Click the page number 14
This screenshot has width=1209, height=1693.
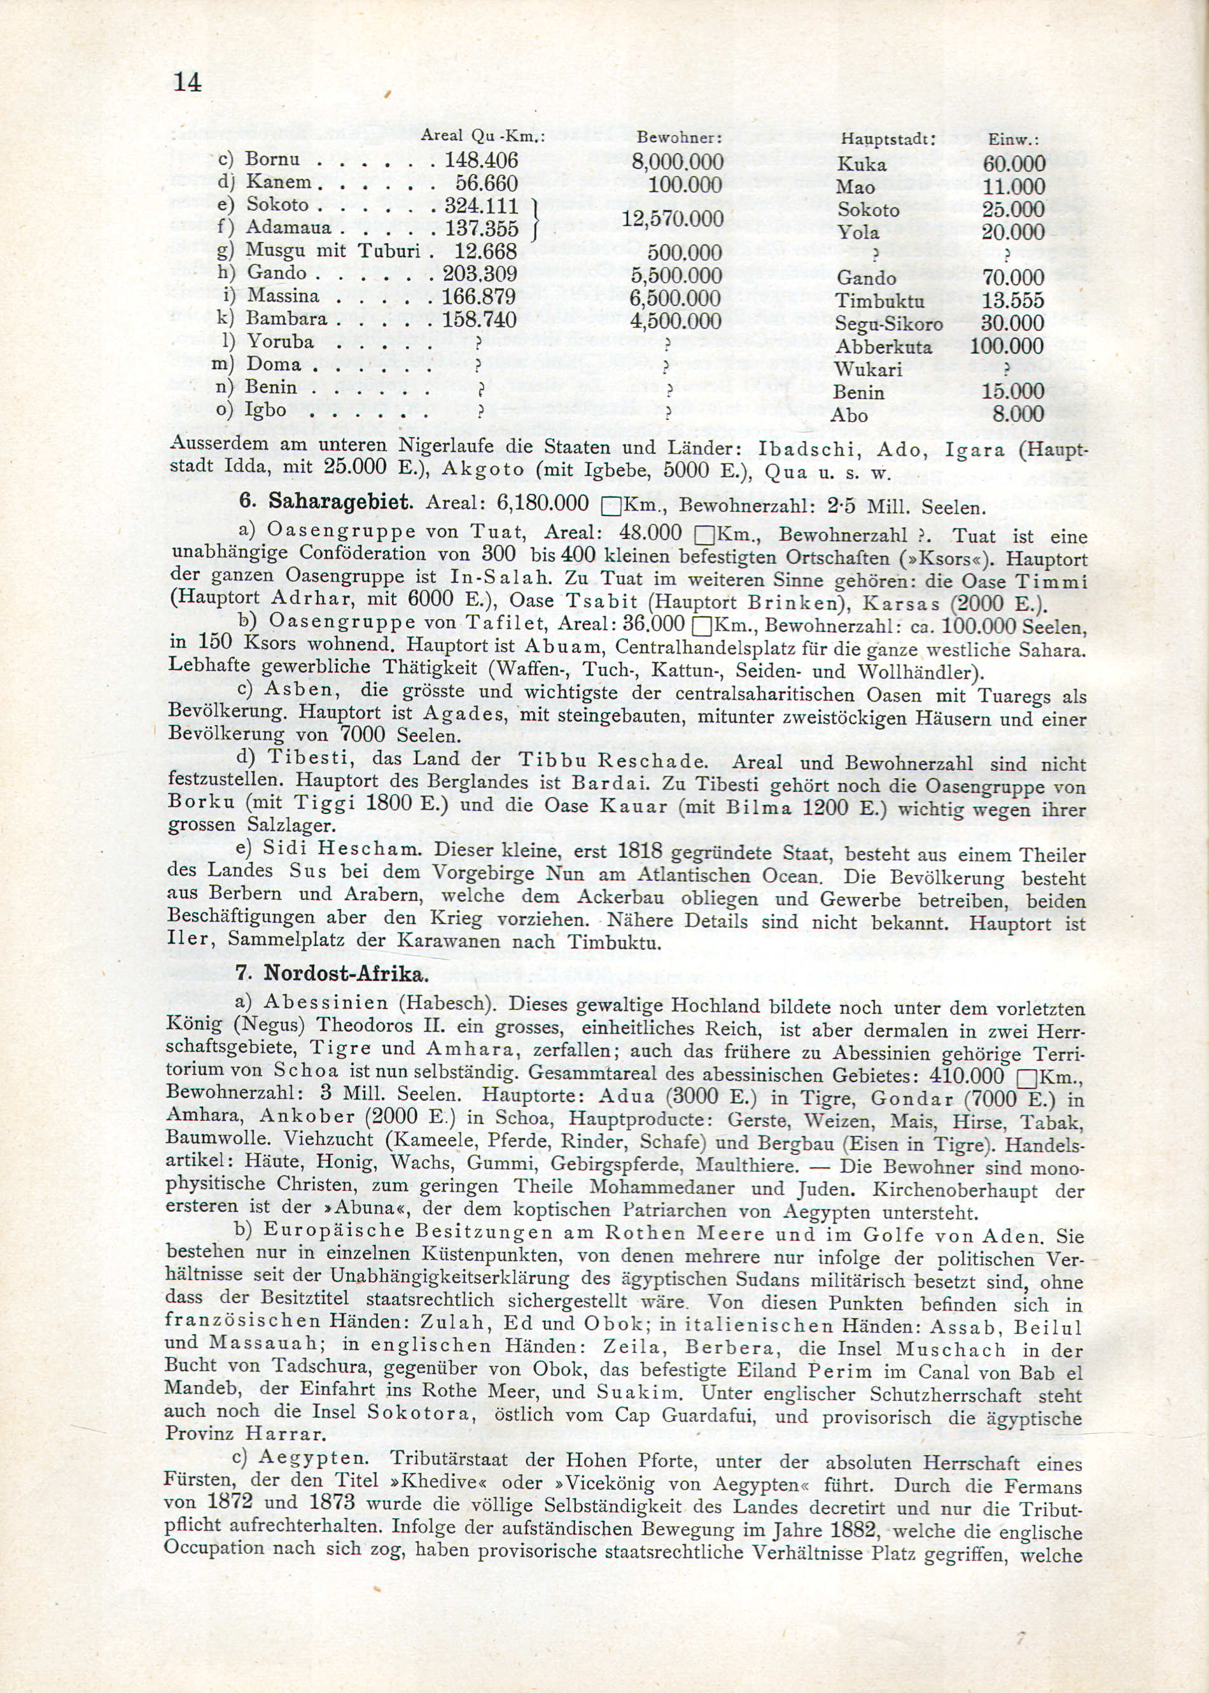pos(187,81)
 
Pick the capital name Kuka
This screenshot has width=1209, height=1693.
pos(862,164)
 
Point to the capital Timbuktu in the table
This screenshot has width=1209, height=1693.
pos(879,301)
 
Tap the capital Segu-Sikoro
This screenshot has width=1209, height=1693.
pos(889,324)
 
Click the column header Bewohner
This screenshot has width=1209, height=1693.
pos(680,139)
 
